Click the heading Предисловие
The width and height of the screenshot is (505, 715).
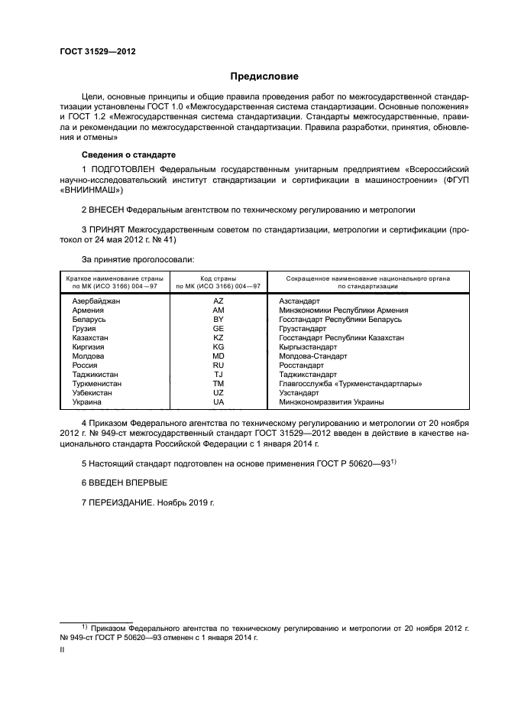point(264,76)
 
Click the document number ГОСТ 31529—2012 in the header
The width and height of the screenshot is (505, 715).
point(92,53)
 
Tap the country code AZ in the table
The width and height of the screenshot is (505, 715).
point(219,301)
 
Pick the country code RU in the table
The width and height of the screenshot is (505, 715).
point(219,366)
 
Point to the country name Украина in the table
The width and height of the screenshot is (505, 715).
point(85,402)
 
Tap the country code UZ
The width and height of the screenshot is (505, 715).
point(219,393)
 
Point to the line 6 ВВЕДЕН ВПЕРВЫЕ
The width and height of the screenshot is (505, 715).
point(123,483)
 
